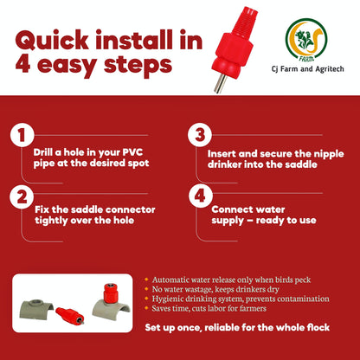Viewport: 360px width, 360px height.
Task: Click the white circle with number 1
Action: point(22,135)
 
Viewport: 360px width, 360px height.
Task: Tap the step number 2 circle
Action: point(22,196)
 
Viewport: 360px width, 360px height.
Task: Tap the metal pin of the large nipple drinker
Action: point(232,80)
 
